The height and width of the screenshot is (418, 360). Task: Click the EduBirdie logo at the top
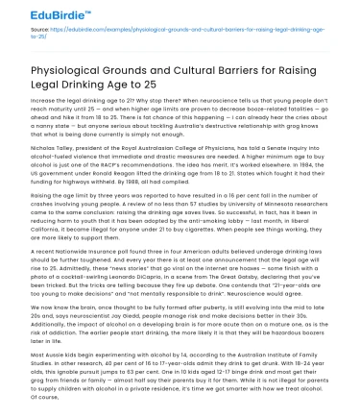(x=38, y=12)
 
